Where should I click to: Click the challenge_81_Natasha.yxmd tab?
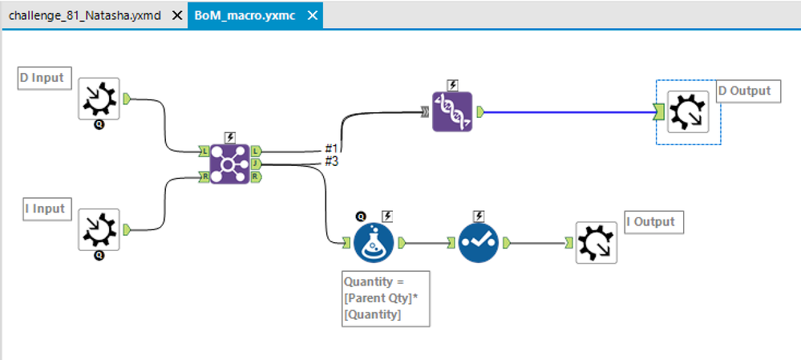85,15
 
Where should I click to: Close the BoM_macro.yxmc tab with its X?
313,15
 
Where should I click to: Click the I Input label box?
45,209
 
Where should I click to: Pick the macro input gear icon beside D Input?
99,99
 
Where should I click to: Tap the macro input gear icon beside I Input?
99,229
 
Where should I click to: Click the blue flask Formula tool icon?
374,241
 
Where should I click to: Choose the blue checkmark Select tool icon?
479,241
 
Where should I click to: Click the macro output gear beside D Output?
688,112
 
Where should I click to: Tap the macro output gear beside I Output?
597,242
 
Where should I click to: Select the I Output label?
653,221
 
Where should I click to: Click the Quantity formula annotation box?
385,298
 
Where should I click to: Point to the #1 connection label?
331,149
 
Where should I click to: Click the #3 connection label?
331,162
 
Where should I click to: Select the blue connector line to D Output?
569,112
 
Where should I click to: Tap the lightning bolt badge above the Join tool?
230,137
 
